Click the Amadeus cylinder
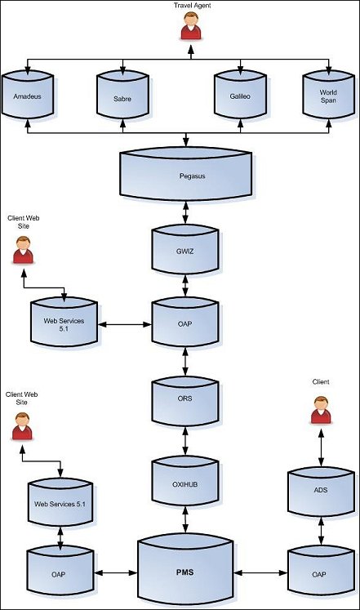tap(27, 94)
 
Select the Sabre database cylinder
tap(122, 94)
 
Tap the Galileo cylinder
tap(240, 94)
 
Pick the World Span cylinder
tap(328, 94)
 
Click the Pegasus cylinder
tap(185, 174)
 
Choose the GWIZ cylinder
tap(185, 250)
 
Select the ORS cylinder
tap(185, 402)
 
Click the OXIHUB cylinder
tap(185, 481)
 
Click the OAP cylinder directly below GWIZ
tap(185, 322)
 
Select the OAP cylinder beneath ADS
tap(321, 571)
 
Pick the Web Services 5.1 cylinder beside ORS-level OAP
tap(64, 322)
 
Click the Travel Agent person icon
tap(191, 25)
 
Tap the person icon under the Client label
tap(321, 410)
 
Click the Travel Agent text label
tap(193, 6)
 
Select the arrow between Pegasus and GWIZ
tap(186, 213)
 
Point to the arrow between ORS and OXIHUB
tap(185, 441)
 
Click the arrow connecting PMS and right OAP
tap(260, 572)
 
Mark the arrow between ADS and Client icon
tap(321, 447)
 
